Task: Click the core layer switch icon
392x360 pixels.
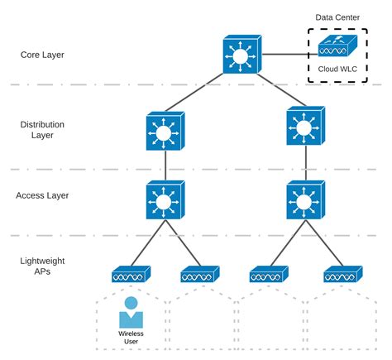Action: coord(242,55)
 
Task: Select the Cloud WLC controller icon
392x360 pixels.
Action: coord(337,46)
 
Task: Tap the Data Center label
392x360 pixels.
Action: coord(337,17)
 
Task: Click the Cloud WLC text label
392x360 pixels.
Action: coord(337,69)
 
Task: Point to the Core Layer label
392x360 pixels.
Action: coord(42,55)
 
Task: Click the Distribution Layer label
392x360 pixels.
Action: coord(42,130)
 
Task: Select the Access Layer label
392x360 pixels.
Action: coord(42,195)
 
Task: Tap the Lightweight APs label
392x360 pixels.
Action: coord(42,266)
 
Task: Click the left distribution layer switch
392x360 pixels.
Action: coord(165,131)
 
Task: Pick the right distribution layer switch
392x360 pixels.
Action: coord(306,126)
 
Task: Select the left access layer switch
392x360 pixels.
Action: coord(165,200)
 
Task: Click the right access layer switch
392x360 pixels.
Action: coord(306,200)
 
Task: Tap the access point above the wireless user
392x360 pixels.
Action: coord(131,274)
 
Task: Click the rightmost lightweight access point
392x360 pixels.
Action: coord(343,274)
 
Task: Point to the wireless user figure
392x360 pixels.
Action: coord(131,312)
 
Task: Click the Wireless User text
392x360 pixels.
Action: coord(131,338)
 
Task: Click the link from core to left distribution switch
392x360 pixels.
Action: coord(194,93)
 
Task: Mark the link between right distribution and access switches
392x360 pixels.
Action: coord(306,163)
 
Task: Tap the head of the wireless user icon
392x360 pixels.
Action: coord(131,303)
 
